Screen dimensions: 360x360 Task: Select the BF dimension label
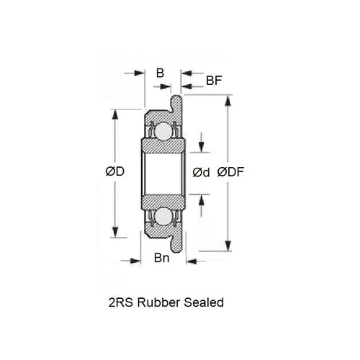click(213, 81)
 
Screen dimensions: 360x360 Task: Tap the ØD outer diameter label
click(116, 173)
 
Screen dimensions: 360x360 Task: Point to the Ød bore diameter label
click(202, 173)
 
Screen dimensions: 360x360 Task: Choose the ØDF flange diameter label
click(230, 173)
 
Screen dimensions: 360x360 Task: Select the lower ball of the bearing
click(163, 215)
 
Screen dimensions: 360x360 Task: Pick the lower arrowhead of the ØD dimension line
click(116, 234)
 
